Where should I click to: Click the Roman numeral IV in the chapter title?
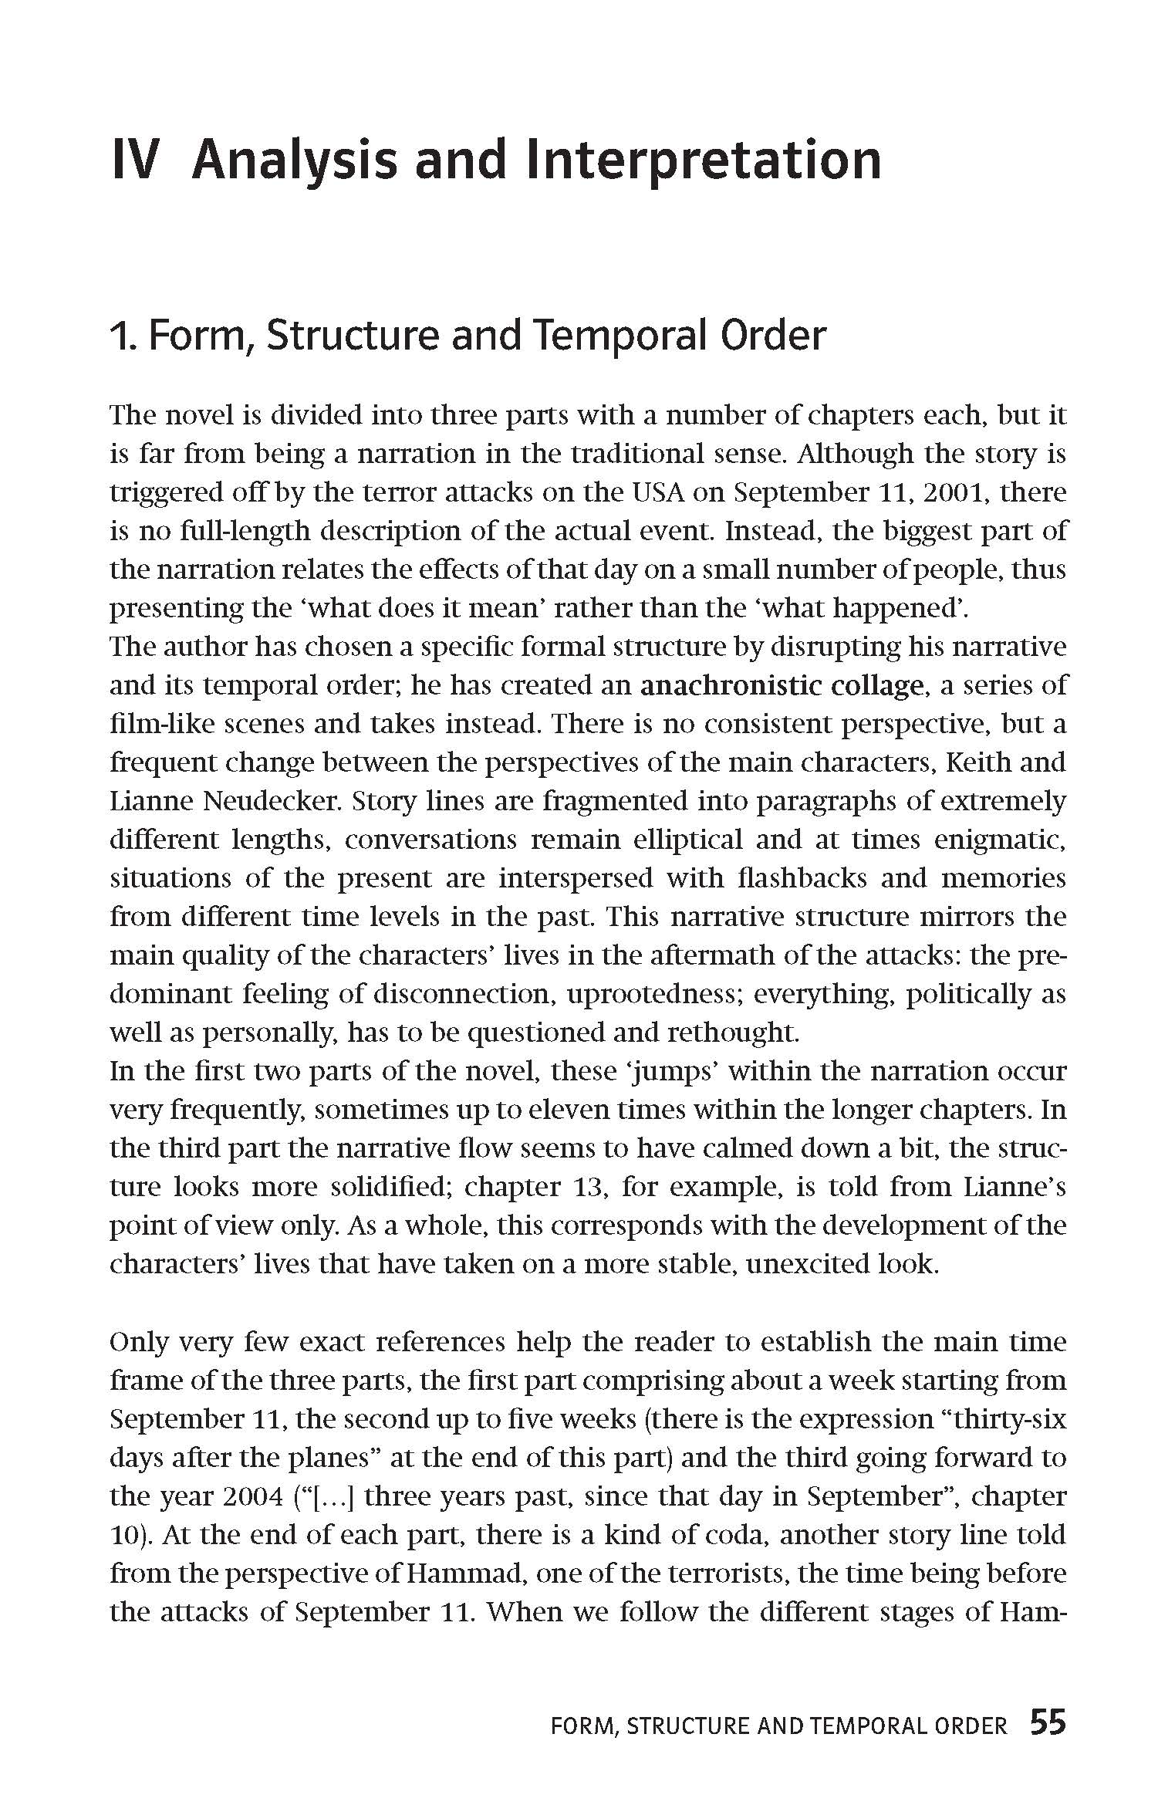click(x=136, y=161)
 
